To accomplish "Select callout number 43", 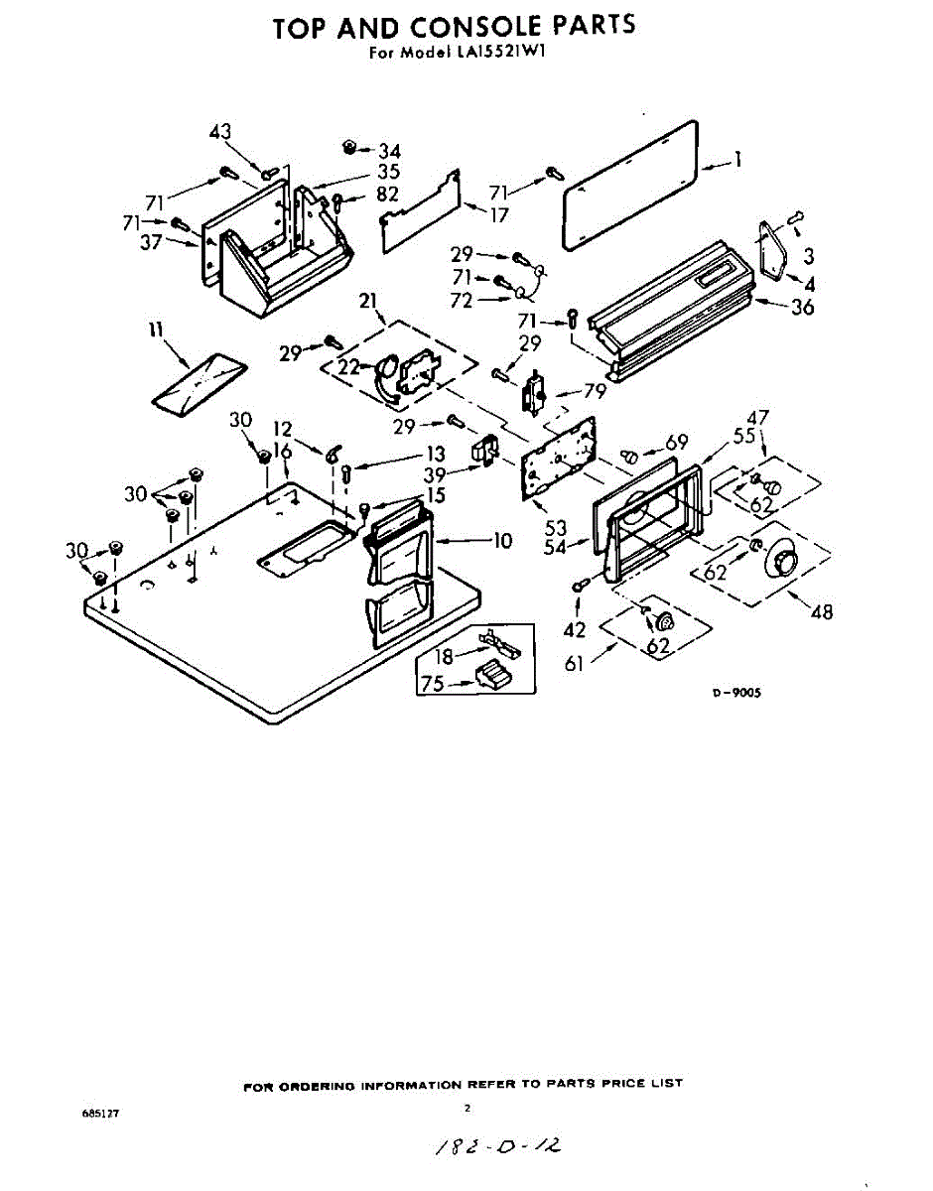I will [x=219, y=132].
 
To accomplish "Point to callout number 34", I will [x=388, y=152].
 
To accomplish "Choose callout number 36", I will [x=801, y=308].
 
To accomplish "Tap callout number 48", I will [x=821, y=612].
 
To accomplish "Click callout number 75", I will [x=433, y=683].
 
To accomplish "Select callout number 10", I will [x=501, y=541].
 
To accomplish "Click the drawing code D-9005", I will [x=735, y=695].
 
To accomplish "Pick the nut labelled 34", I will [x=349, y=147].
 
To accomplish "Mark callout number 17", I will [x=499, y=214].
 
